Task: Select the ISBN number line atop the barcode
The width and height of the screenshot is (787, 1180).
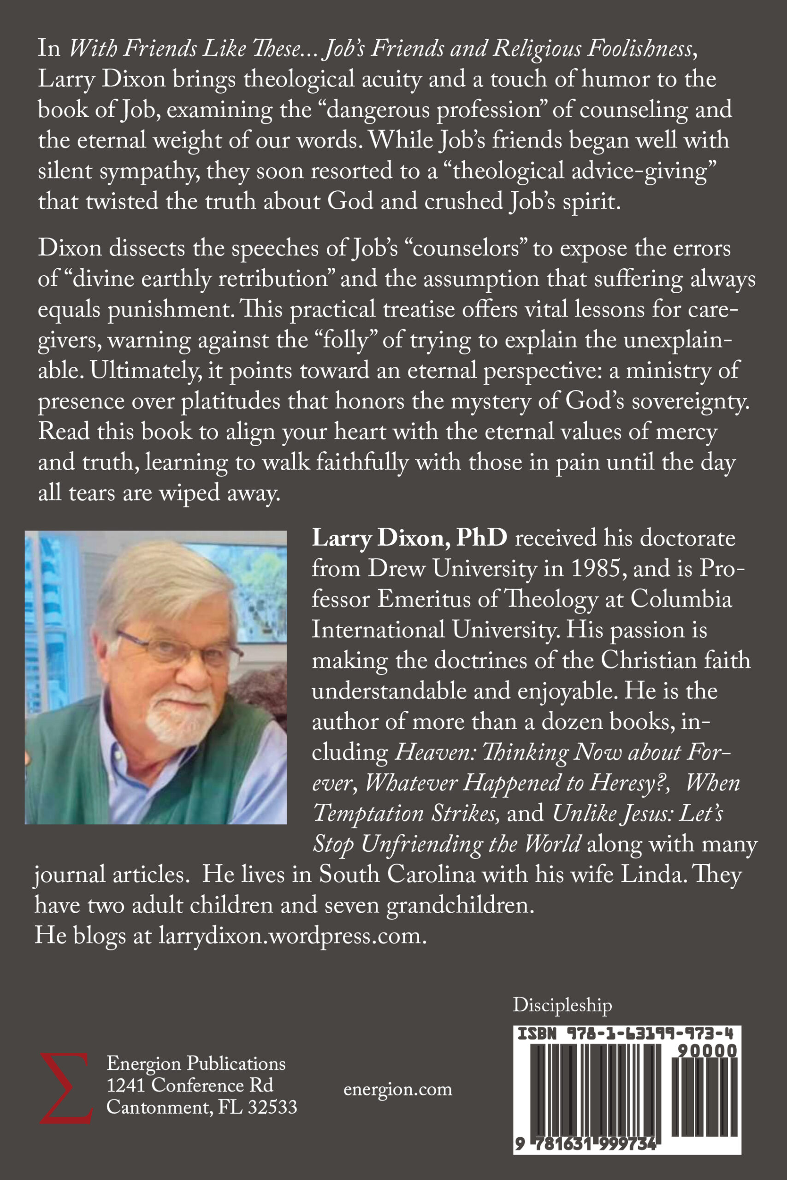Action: [625, 1034]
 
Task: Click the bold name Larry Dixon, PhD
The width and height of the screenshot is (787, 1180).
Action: [409, 538]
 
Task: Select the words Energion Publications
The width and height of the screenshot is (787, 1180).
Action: [196, 1063]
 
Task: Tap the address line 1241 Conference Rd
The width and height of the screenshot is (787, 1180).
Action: [190, 1086]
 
